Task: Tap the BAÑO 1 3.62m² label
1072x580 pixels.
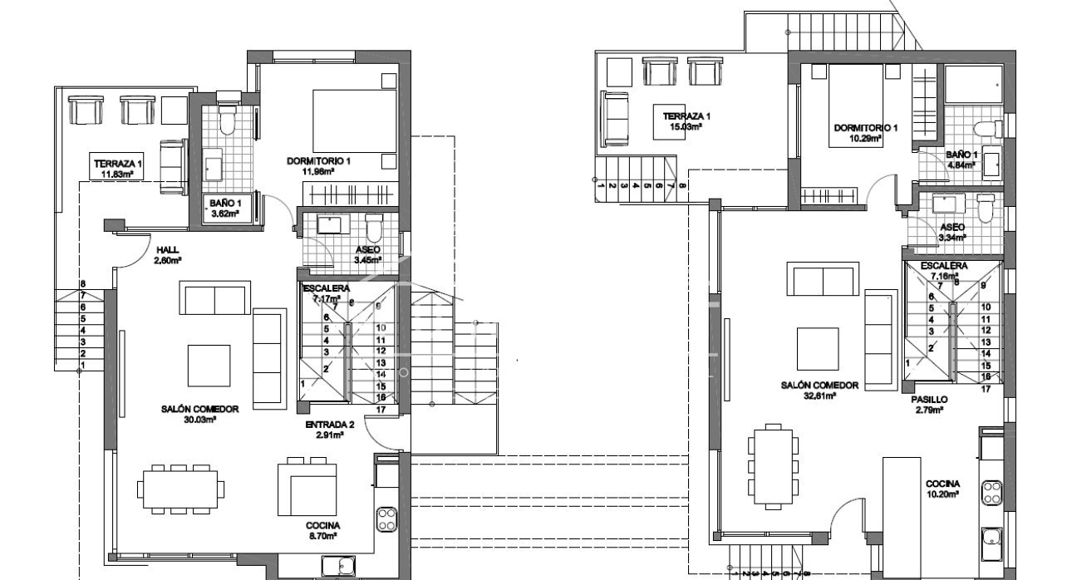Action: click(x=224, y=208)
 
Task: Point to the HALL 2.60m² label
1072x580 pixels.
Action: click(x=167, y=254)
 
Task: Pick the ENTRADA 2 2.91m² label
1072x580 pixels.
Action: click(x=329, y=429)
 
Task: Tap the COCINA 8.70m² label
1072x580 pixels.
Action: click(x=322, y=531)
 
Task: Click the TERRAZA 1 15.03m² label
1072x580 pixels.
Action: click(x=686, y=121)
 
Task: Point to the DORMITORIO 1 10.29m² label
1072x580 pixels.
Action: click(x=866, y=133)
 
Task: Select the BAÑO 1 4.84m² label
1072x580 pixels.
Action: click(x=962, y=160)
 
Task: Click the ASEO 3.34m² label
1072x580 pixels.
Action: click(x=952, y=232)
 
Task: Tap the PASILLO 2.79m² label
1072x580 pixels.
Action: click(x=928, y=404)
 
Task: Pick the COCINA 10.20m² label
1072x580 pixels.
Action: click(x=943, y=489)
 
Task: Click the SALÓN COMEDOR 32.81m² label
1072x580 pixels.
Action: click(x=819, y=391)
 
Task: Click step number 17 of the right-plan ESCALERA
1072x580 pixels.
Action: click(x=986, y=388)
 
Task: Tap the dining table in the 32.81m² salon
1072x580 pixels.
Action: click(x=774, y=464)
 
